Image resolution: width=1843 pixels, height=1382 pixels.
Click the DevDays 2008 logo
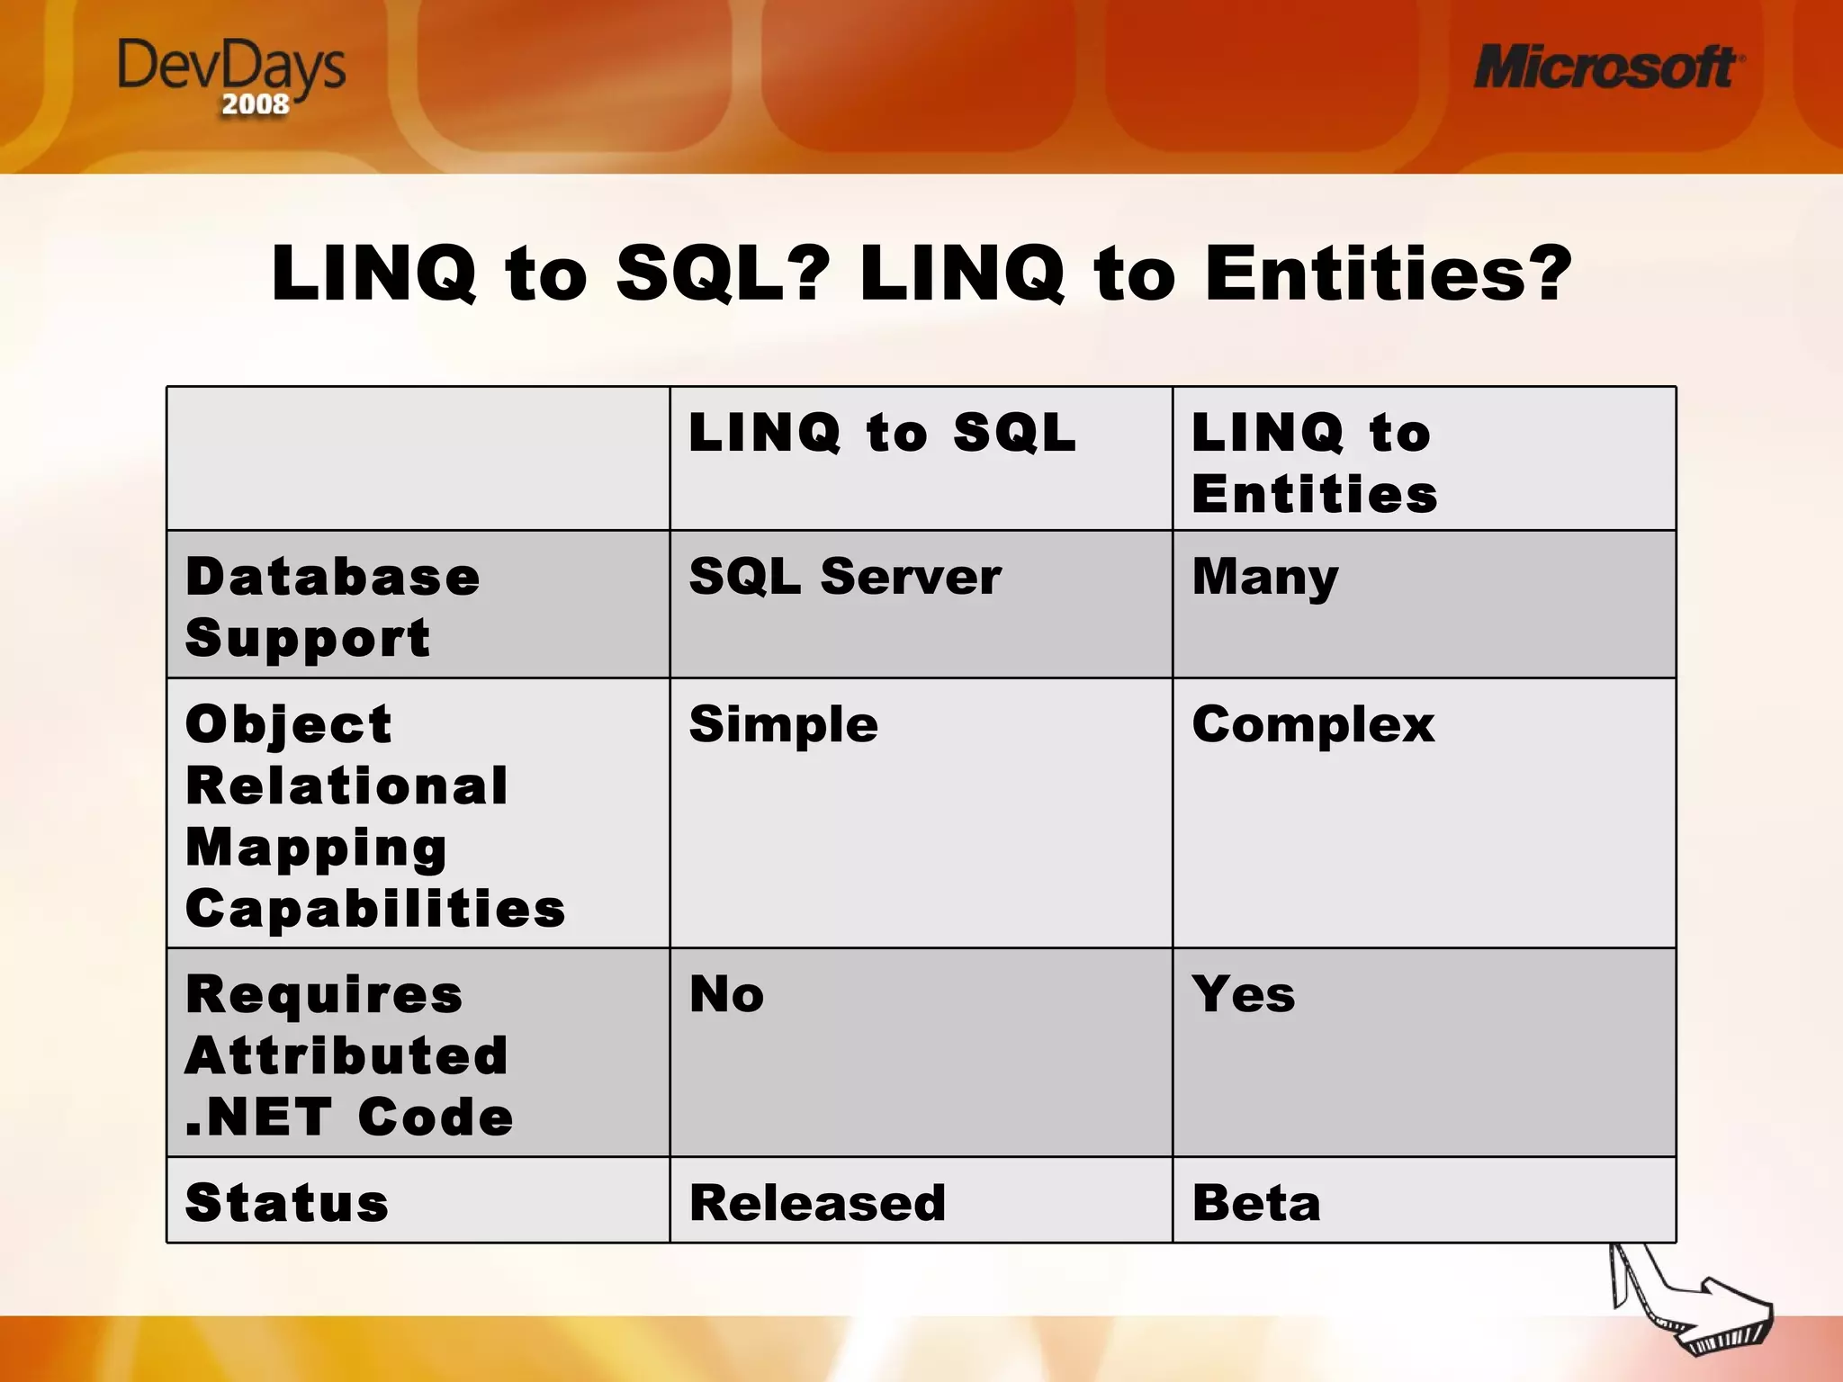[x=231, y=76]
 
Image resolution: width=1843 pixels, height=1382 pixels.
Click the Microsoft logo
[x=1607, y=68]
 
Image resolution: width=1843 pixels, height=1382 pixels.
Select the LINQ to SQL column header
[x=882, y=433]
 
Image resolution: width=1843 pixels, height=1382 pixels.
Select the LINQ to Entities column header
[x=1314, y=462]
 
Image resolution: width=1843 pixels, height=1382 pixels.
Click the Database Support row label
[x=332, y=606]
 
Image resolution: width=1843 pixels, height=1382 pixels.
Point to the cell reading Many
[x=1264, y=578]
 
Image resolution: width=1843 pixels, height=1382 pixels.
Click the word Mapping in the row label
[x=316, y=848]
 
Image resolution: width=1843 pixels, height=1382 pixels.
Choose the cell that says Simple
[x=783, y=725]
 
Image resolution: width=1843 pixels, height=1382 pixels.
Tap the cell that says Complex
[x=1312, y=725]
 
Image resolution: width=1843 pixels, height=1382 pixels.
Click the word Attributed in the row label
[x=346, y=1055]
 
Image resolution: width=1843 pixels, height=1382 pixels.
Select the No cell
[x=726, y=995]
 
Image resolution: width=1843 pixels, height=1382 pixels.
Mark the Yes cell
[x=1243, y=995]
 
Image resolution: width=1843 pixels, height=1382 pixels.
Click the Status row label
[x=286, y=1203]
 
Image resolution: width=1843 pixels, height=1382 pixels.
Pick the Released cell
[x=817, y=1203]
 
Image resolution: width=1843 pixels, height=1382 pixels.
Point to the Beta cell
[x=1256, y=1203]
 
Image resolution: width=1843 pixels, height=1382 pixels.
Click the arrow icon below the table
[x=1692, y=1305]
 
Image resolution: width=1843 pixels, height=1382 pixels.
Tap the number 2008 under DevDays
[x=256, y=104]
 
